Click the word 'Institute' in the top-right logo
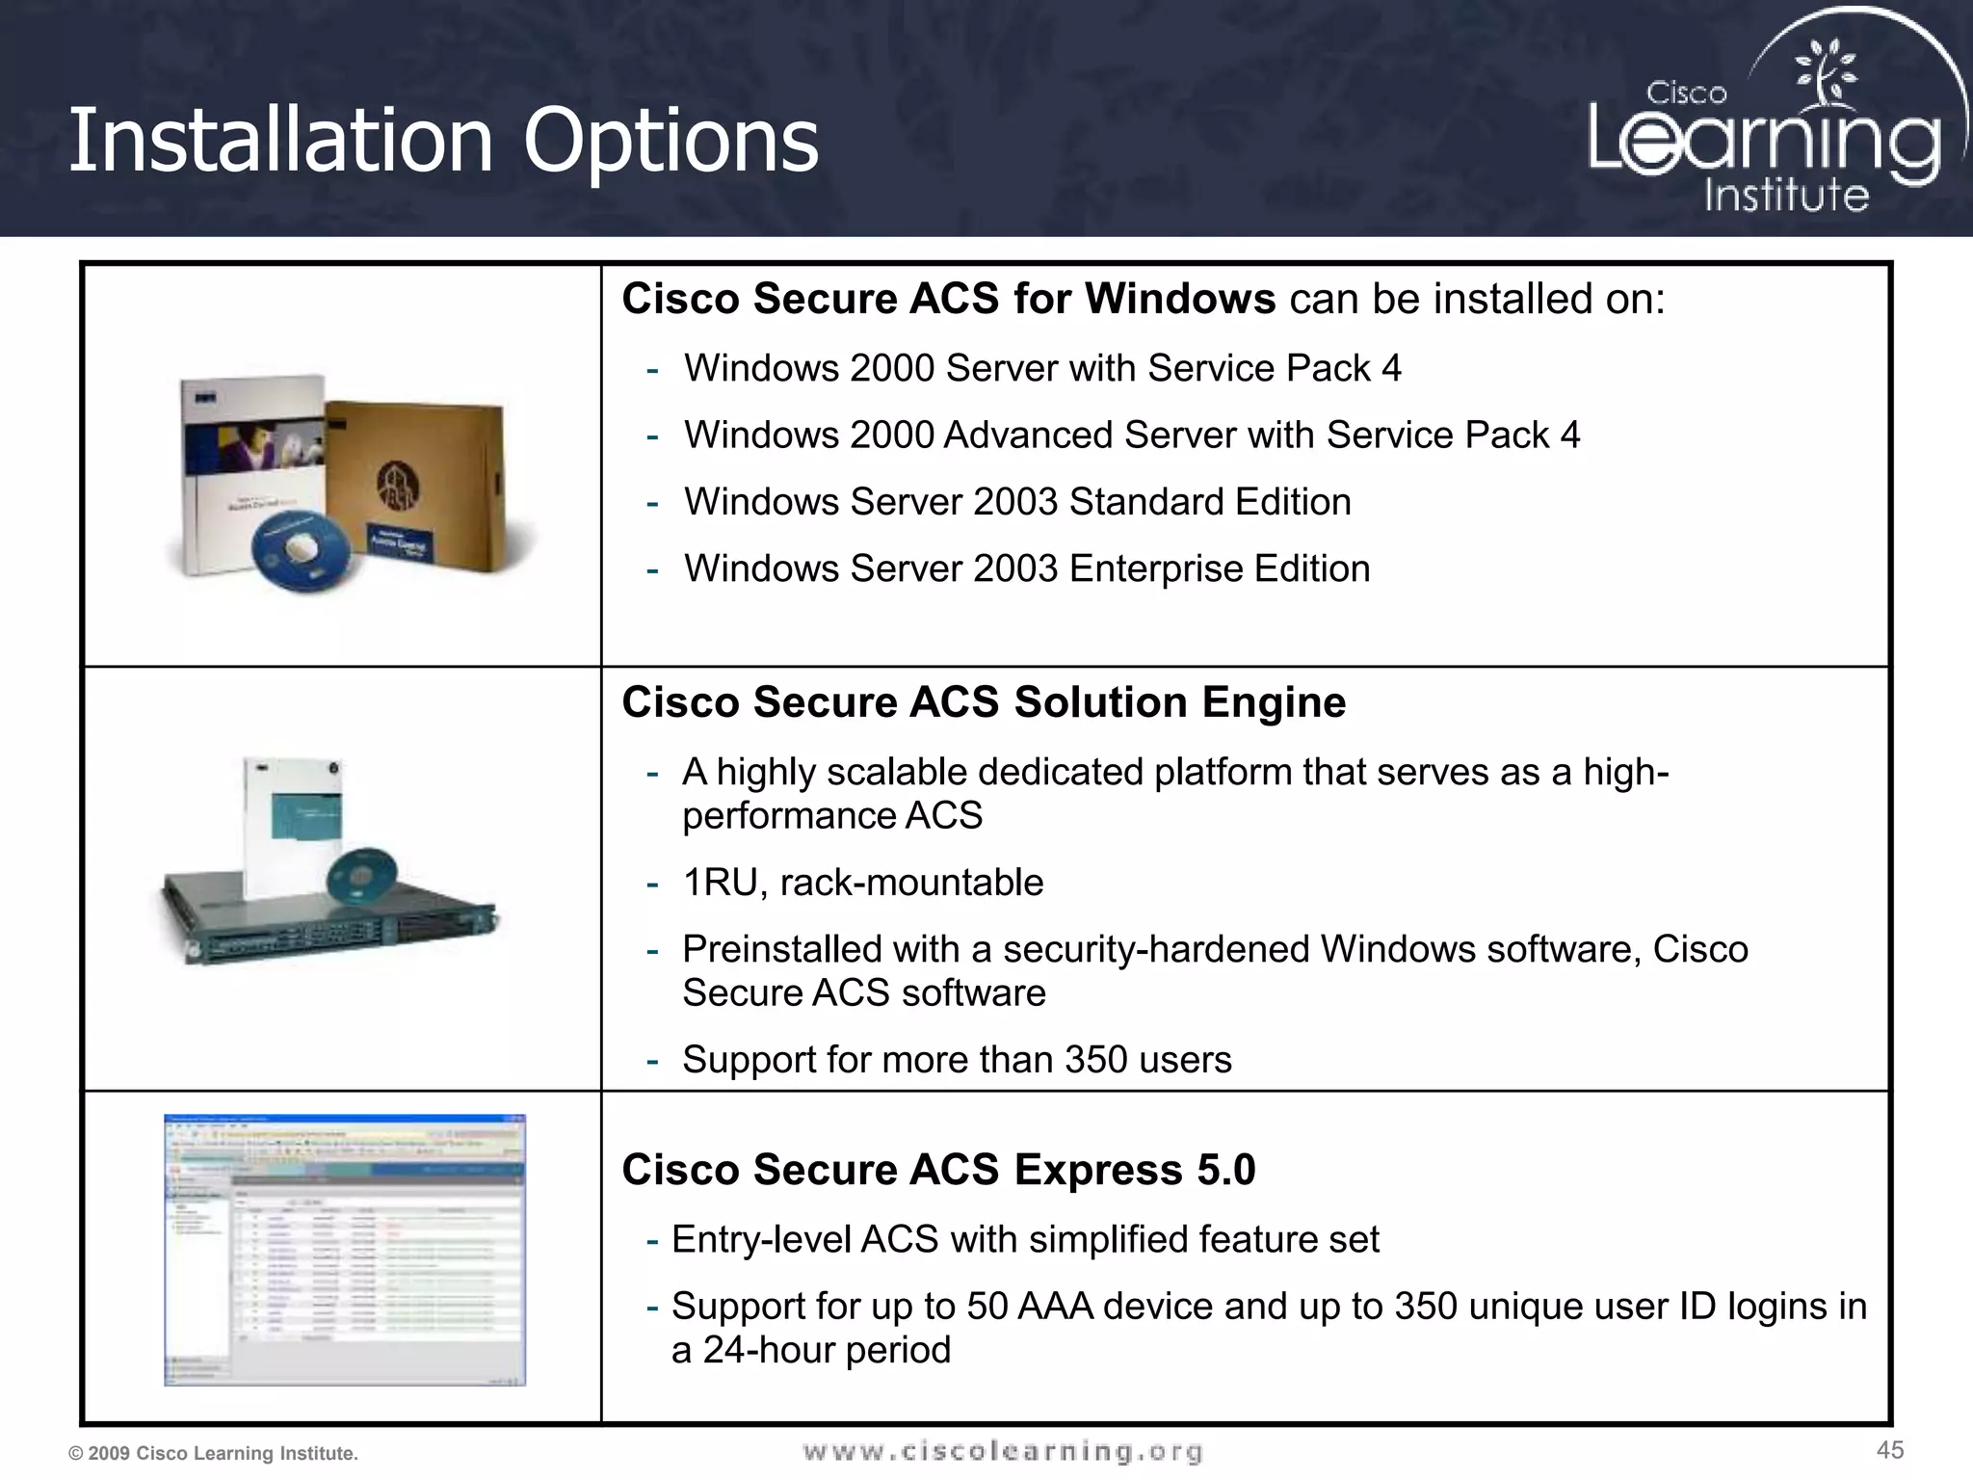coord(1786,195)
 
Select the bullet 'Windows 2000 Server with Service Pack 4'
coord(1042,368)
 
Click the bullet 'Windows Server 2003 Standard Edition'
coord(1017,502)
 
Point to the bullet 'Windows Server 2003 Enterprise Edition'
coord(1027,568)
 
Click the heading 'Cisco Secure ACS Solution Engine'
coord(984,701)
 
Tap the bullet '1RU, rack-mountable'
coord(862,883)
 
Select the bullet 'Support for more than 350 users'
coord(957,1060)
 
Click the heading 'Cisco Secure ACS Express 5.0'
coord(938,1170)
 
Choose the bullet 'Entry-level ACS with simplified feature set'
coord(1025,1239)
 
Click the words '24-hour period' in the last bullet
coord(827,1350)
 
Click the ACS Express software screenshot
coord(345,1250)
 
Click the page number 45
coord(1890,1450)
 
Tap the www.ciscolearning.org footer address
coord(1002,1451)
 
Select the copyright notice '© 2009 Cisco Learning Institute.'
coord(213,1453)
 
